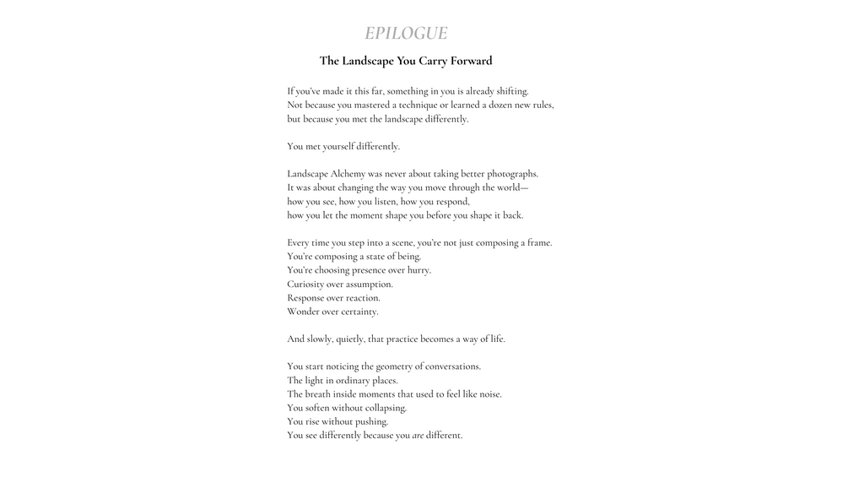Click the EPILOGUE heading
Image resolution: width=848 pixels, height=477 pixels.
[x=406, y=34]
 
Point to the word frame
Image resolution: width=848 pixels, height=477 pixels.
[x=538, y=243]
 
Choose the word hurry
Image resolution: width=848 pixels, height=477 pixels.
[x=419, y=270]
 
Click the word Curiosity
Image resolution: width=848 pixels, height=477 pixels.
[x=306, y=285]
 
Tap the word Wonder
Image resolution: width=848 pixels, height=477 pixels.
[x=304, y=312]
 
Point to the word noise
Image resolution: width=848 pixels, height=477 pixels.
[x=489, y=394]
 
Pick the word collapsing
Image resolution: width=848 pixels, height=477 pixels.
[x=383, y=408]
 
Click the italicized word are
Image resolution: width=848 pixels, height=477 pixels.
[x=418, y=436]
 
